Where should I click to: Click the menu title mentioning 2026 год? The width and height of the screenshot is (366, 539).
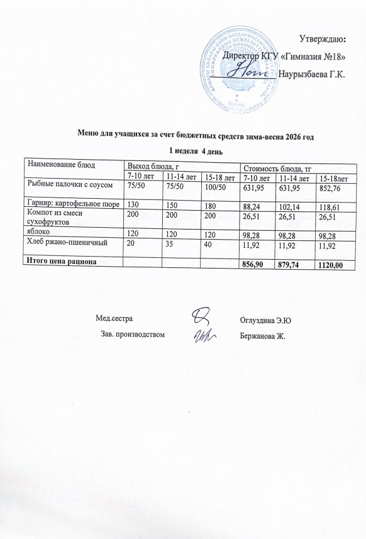195,135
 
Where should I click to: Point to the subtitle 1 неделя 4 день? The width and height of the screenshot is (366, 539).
196,150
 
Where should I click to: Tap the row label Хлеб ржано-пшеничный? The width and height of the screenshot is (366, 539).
66,242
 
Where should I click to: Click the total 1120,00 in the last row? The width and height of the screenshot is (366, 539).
331,265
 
